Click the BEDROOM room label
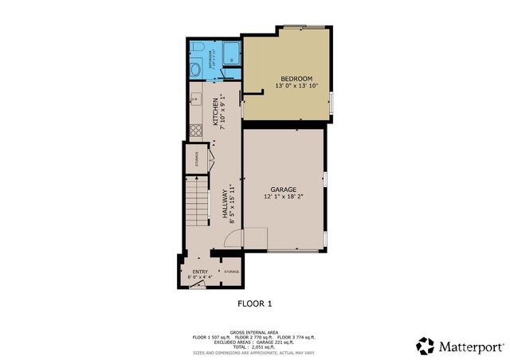coord(289,78)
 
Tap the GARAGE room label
coord(283,189)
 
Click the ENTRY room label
coord(199,272)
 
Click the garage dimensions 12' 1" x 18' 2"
coord(283,196)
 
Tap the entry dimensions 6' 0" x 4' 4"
coord(199,277)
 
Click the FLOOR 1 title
coord(255,303)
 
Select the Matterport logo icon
coord(426,346)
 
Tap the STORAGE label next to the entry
coord(231,272)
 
